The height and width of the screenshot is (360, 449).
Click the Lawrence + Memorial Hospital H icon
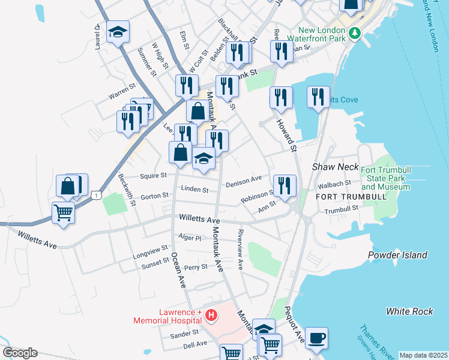(x=211, y=315)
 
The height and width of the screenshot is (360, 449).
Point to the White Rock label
(x=409, y=311)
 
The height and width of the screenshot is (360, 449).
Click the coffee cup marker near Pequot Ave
(x=316, y=338)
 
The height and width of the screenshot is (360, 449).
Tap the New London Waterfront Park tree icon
(x=355, y=32)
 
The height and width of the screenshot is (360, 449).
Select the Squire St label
(x=153, y=175)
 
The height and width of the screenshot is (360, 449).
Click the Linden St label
(x=196, y=190)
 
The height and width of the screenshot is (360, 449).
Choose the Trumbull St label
(x=340, y=208)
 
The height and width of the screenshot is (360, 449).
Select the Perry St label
(x=196, y=267)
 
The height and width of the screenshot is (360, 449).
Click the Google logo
(x=20, y=353)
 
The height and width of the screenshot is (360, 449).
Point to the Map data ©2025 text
(x=423, y=355)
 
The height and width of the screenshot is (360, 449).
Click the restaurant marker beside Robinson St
(x=284, y=185)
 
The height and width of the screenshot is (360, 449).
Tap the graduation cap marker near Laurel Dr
(x=118, y=32)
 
